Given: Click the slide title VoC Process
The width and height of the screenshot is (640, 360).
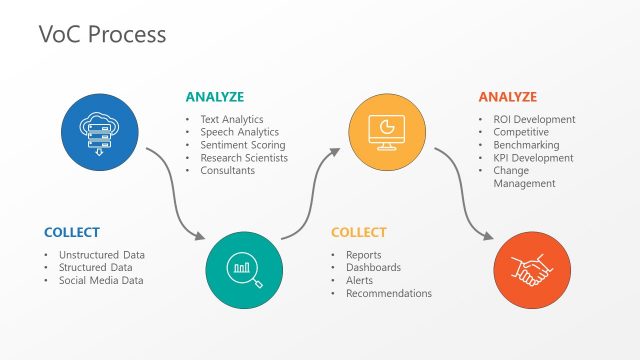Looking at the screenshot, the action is (x=102, y=34).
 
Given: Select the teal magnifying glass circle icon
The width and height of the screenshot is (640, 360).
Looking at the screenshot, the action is (x=244, y=267).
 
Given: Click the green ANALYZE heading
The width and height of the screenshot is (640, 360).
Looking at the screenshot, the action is (x=214, y=97).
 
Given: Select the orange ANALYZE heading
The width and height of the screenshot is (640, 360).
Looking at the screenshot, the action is (x=507, y=97).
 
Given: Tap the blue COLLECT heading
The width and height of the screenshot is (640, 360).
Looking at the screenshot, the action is (x=72, y=233).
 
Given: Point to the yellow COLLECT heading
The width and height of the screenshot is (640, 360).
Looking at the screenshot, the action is (x=358, y=233).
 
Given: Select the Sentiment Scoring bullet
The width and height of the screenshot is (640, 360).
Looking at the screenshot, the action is (x=242, y=145).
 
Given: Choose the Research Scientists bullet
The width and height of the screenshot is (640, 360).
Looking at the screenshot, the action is (x=244, y=158).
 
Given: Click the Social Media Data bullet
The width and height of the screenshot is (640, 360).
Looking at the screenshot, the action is (x=100, y=280).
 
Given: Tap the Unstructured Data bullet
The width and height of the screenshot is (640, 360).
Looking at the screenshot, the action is (x=101, y=255).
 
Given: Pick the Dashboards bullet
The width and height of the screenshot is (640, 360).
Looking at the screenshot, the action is (x=373, y=268).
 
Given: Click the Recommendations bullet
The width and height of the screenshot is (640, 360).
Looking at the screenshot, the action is (x=389, y=293).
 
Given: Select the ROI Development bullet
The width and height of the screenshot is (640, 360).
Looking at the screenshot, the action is (x=534, y=120).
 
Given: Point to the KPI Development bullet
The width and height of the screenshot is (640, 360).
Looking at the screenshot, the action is (x=533, y=158).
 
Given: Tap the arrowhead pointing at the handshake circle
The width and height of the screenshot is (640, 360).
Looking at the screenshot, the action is (x=488, y=238).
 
